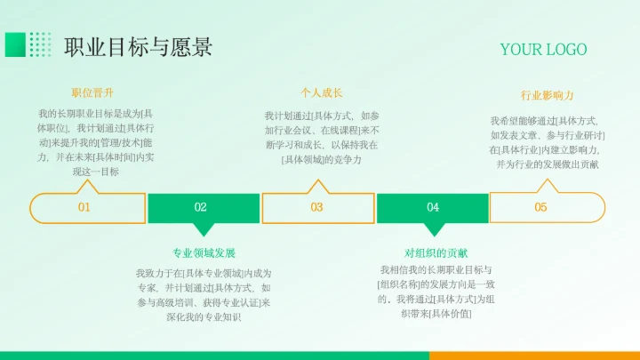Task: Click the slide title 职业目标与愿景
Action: click(x=138, y=45)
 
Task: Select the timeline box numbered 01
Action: click(x=85, y=207)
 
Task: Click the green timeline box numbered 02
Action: click(x=201, y=207)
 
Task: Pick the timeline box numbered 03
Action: click(x=316, y=207)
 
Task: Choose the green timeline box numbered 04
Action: click(x=433, y=207)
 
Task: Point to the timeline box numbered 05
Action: click(x=540, y=207)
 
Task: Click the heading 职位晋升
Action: click(x=92, y=92)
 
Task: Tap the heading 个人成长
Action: click(x=322, y=92)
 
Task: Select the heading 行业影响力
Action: click(x=547, y=95)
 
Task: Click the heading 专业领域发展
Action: click(x=204, y=252)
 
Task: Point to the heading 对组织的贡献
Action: click(x=436, y=252)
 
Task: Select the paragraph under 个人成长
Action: click(x=322, y=138)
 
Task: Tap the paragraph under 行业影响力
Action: click(x=547, y=142)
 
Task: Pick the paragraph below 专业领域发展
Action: click(x=204, y=294)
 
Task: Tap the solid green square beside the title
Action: click(x=15, y=44)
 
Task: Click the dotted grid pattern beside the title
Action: click(x=40, y=44)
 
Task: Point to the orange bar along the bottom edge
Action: click(x=533, y=355)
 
